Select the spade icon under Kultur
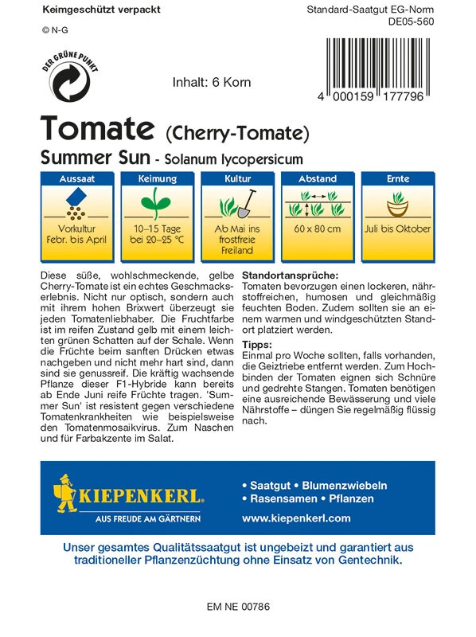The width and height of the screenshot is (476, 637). [x=246, y=204]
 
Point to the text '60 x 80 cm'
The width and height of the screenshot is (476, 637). [x=317, y=229]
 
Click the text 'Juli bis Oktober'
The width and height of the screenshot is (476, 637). [x=397, y=229]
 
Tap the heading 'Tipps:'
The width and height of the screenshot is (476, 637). [x=258, y=344]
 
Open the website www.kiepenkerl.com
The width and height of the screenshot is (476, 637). [x=295, y=518]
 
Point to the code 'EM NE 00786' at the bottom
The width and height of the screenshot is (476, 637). [x=238, y=607]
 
